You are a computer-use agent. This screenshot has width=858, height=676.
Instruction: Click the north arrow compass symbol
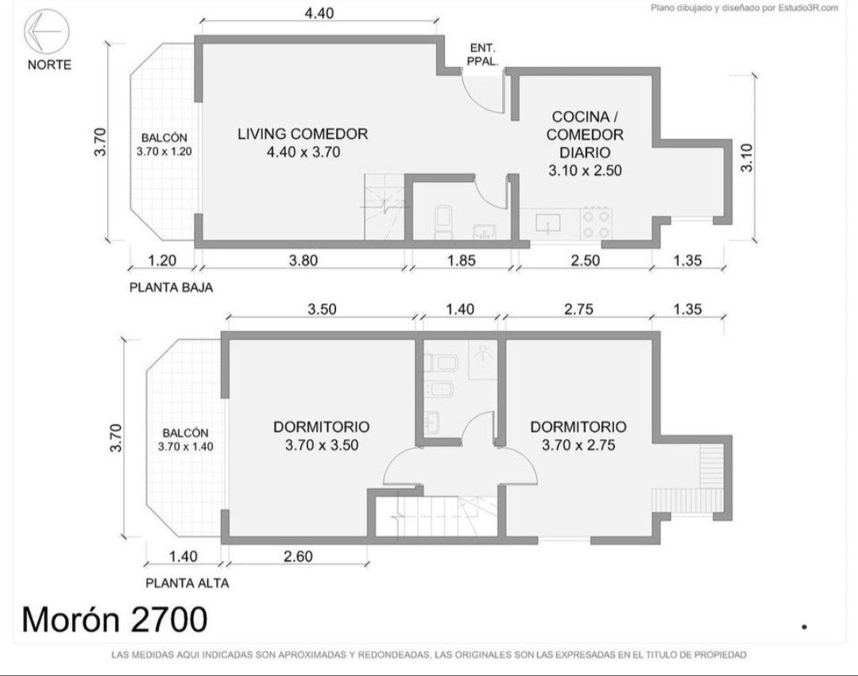47,32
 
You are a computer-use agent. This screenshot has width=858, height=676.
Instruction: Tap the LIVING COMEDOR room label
303,142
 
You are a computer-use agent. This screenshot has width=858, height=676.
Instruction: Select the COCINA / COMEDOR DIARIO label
585,143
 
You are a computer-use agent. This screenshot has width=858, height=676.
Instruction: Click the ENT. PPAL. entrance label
482,55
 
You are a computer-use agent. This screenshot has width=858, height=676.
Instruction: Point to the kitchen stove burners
596,223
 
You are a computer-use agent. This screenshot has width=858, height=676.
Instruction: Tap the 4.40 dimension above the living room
319,13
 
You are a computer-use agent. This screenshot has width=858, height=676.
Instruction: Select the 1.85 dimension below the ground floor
462,261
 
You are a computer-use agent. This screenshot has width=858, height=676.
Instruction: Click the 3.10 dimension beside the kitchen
747,157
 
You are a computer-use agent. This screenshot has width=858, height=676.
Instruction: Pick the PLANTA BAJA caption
171,287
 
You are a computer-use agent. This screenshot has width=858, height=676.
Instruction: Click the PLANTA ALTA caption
187,583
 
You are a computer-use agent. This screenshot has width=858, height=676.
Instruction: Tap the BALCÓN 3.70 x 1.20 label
164,145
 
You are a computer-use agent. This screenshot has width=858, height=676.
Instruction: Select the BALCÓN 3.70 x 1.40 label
185,440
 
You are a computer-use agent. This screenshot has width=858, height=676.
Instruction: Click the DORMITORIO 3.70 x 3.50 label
322,435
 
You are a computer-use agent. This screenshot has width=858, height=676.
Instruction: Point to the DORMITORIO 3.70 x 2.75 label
578,435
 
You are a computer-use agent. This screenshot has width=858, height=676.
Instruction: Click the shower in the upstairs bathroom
483,359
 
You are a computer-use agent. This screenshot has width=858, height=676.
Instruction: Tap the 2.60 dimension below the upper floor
298,556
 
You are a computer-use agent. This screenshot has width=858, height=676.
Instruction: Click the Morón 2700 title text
115,619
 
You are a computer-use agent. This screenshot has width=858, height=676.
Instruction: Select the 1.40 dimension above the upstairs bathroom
460,309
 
